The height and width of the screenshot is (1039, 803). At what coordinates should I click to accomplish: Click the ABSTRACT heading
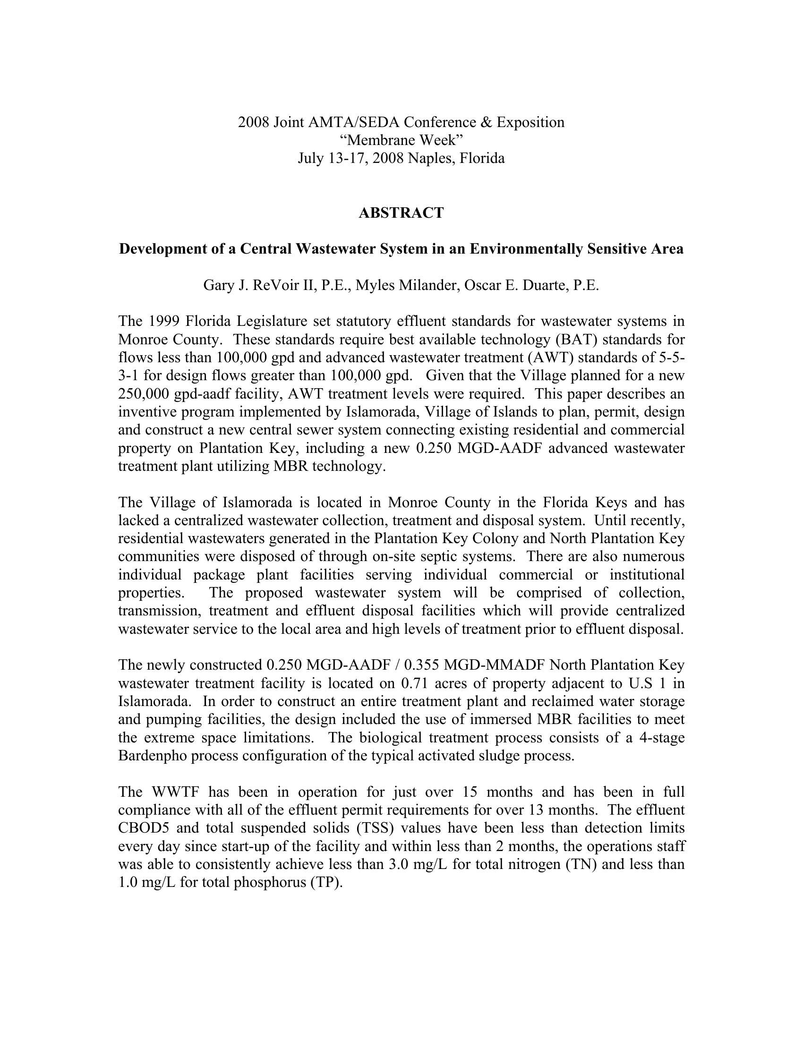click(401, 213)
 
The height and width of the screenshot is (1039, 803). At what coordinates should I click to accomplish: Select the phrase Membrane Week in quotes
click(401, 140)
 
